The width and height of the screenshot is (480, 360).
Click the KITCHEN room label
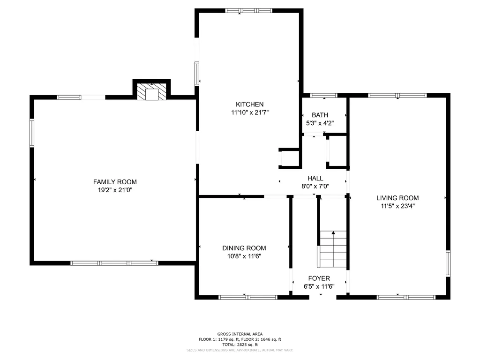point(249,105)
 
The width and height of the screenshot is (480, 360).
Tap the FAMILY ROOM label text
point(115,182)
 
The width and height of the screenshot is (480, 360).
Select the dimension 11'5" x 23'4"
point(397,206)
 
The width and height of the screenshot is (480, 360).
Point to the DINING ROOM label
point(244,248)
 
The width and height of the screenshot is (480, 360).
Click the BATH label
point(320,115)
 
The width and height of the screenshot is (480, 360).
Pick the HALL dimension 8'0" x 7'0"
point(315,186)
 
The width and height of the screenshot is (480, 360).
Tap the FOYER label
point(319,278)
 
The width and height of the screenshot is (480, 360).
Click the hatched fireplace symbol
point(151,91)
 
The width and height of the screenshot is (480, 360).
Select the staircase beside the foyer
point(333,249)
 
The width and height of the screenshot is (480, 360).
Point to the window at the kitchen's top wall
point(248,11)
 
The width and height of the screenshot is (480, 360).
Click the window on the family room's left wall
point(32,133)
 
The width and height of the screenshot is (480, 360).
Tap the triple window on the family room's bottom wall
point(114,263)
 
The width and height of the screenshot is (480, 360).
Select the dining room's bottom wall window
point(248,297)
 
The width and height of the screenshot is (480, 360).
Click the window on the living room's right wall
point(448,263)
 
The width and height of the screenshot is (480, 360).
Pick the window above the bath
point(324,96)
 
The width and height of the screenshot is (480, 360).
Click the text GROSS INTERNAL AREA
point(240,334)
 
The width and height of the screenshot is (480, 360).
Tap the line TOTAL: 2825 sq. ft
point(240,345)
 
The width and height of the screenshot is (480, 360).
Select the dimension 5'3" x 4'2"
point(320,123)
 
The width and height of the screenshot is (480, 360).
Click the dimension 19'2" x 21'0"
point(115,190)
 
